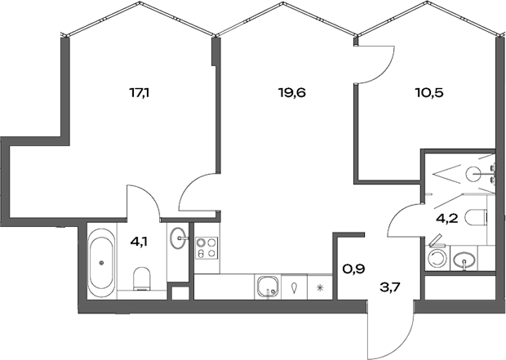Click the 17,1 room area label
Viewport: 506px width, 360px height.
pyautogui.click(x=139, y=92)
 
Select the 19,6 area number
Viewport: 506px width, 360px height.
pyautogui.click(x=291, y=92)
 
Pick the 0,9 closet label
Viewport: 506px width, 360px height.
pyautogui.click(x=352, y=266)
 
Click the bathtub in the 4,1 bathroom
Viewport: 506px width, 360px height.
pyautogui.click(x=101, y=263)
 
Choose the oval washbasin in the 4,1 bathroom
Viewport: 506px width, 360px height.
pyautogui.click(x=179, y=240)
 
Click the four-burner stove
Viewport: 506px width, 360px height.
pyautogui.click(x=205, y=247)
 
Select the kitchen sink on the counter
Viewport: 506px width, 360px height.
pyautogui.click(x=266, y=287)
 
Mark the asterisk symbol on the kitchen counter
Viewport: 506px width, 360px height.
pyautogui.click(x=320, y=287)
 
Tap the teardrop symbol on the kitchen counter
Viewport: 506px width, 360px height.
pyautogui.click(x=293, y=287)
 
